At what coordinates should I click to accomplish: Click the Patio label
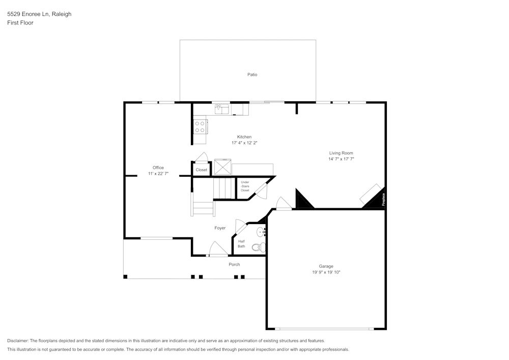coord(252,75)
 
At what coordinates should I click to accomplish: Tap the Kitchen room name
coord(244,137)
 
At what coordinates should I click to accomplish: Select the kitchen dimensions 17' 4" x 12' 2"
coord(244,143)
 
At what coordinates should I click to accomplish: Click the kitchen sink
coord(221,108)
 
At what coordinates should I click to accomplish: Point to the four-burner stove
coord(200,126)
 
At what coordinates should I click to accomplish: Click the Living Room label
coord(341,153)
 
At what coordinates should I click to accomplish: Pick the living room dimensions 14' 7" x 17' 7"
coord(341,159)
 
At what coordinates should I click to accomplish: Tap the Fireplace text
coord(383,199)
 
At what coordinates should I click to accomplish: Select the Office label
coord(158,168)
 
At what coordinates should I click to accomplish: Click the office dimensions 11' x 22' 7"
coord(158,174)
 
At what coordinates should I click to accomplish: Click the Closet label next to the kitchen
coord(202,170)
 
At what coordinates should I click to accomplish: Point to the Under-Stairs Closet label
coord(245,186)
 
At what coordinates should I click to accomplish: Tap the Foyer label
coord(220,228)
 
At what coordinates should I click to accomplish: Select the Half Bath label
coord(241,244)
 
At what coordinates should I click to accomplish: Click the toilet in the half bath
coord(259,248)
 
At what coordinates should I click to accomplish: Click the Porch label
coord(234,264)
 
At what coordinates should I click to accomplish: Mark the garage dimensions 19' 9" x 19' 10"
coord(326,272)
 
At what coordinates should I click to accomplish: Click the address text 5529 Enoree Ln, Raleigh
coord(39,14)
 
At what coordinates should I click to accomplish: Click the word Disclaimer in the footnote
coord(18,341)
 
